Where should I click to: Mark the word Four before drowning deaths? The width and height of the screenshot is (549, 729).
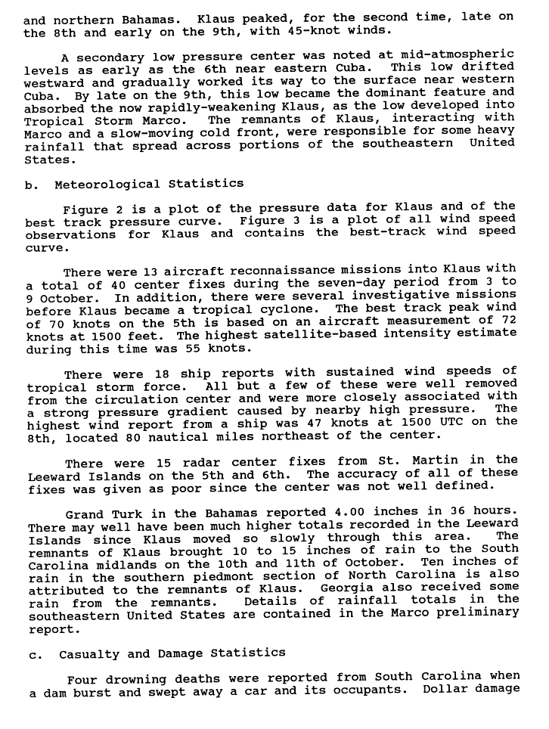pyautogui.click(x=82, y=678)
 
